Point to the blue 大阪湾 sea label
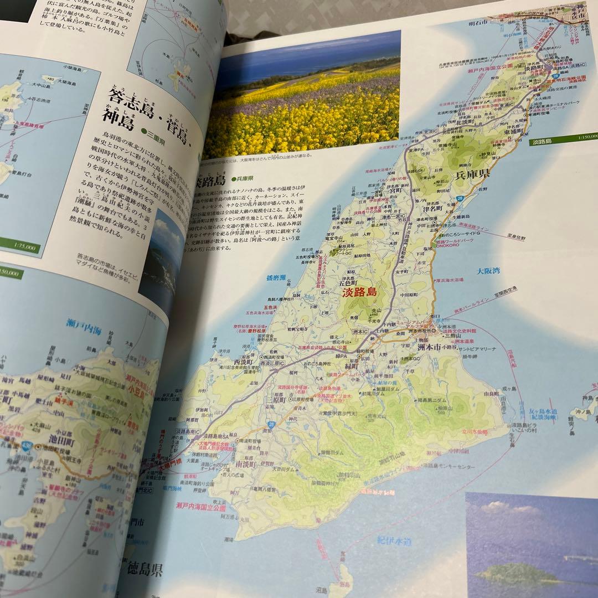[x=488, y=271]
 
